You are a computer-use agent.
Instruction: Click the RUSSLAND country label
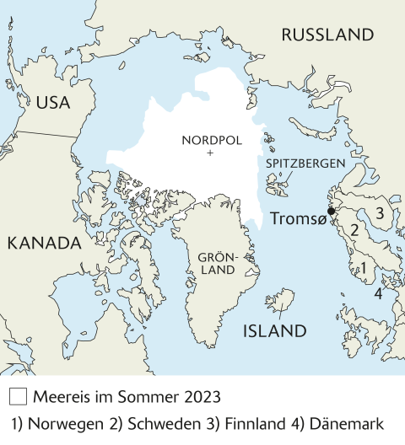327,35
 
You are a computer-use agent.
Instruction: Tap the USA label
52,103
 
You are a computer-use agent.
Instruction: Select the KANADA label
43,244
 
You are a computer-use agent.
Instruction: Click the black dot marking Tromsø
332,211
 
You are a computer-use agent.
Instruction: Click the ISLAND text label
274,331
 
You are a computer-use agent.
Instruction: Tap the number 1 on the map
363,270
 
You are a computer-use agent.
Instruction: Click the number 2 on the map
355,229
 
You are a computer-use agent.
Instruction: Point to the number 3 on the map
380,212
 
